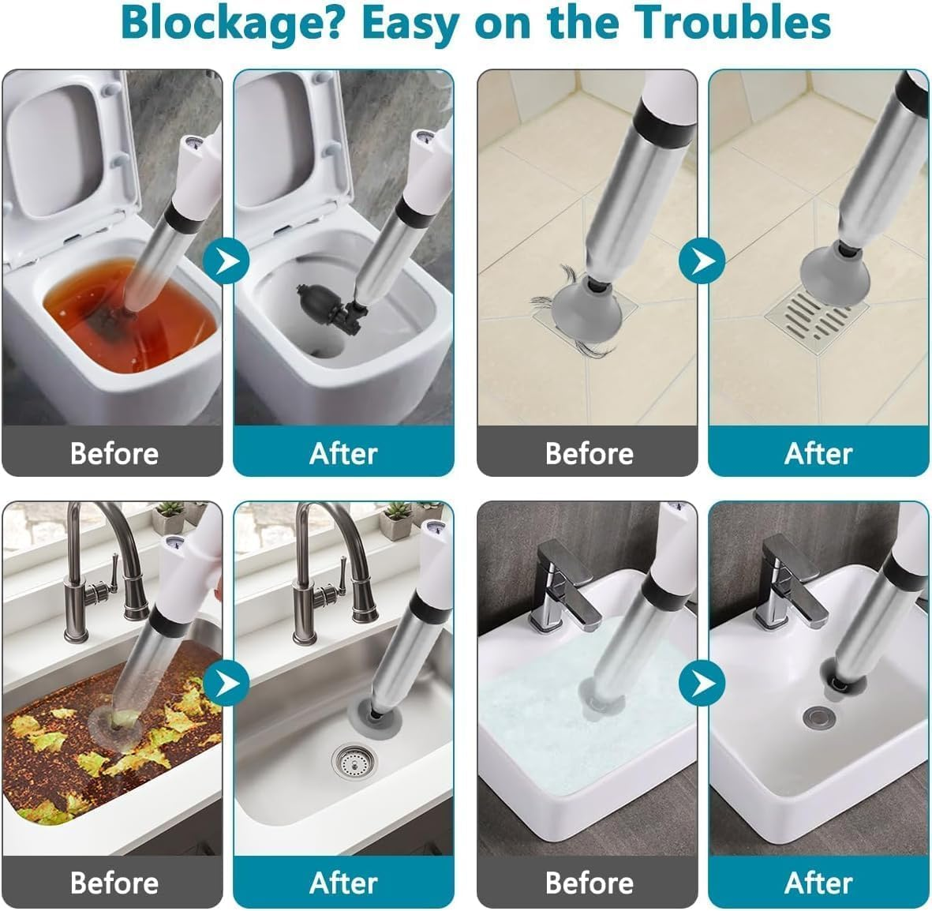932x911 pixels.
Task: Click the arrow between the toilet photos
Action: pyautogui.click(x=226, y=261)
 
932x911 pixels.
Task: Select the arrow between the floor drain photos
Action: pyautogui.click(x=702, y=261)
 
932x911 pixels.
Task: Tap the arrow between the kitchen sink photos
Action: pyautogui.click(x=226, y=683)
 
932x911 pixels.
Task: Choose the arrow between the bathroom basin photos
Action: pyautogui.click(x=702, y=683)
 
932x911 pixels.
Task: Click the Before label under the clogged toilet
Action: pyautogui.click(x=114, y=453)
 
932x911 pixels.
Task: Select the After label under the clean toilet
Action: pyautogui.click(x=343, y=453)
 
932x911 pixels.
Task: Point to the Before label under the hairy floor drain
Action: pyautogui.click(x=589, y=453)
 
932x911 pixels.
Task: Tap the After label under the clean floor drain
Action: pyautogui.click(x=818, y=453)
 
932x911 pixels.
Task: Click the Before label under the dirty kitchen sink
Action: pyautogui.click(x=114, y=883)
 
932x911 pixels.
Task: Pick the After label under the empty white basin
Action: pyautogui.click(x=818, y=883)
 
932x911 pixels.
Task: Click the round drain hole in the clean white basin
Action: pyautogui.click(x=819, y=717)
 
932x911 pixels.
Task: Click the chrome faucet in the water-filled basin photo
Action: pyautogui.click(x=565, y=586)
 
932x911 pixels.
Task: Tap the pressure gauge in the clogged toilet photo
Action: pyautogui.click(x=192, y=144)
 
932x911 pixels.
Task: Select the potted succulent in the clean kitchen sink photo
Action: pyautogui.click(x=396, y=519)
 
